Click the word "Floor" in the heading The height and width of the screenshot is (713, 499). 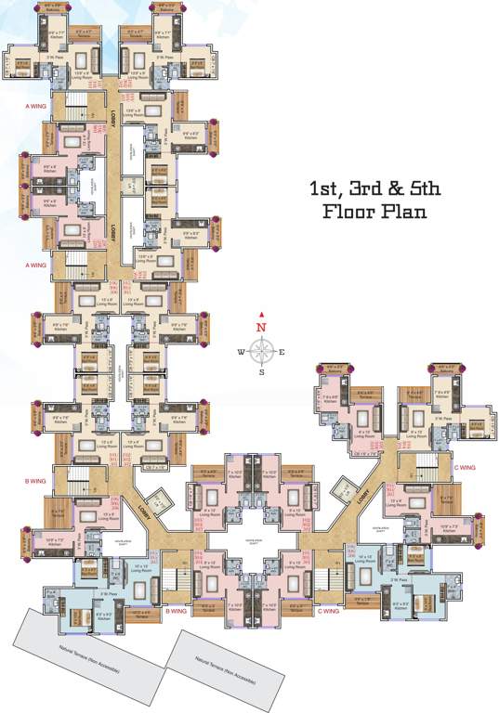348,213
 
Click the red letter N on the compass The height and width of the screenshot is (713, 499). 262,327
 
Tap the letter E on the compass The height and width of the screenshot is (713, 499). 282,351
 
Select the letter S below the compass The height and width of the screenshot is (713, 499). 262,372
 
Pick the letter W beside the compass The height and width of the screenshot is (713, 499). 241,351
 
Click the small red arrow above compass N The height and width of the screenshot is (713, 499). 262,316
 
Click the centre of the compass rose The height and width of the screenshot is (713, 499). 262,350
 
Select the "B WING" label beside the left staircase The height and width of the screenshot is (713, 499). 35,482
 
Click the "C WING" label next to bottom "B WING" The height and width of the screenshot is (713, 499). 328,610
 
